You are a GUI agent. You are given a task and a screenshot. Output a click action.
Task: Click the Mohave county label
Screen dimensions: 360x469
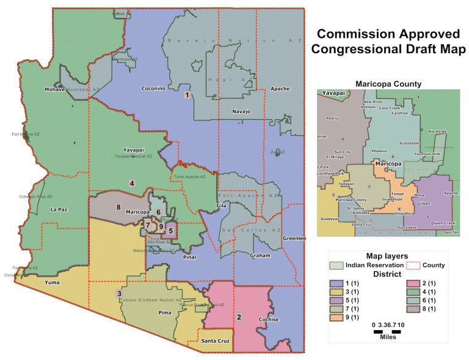[x=55, y=90]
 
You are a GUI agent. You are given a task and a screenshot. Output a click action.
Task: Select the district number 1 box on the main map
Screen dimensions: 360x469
[x=187, y=95]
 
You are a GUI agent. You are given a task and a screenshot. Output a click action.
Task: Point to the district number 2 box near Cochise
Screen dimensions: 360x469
[x=239, y=317]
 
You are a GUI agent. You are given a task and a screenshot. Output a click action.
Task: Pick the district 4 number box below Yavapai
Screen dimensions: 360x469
[x=131, y=183]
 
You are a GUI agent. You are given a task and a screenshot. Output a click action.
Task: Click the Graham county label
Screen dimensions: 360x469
[x=260, y=256]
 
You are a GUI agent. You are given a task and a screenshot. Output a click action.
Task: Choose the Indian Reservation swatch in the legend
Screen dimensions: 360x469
[x=336, y=265]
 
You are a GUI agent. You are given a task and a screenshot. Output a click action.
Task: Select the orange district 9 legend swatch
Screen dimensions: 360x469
[x=336, y=317]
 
